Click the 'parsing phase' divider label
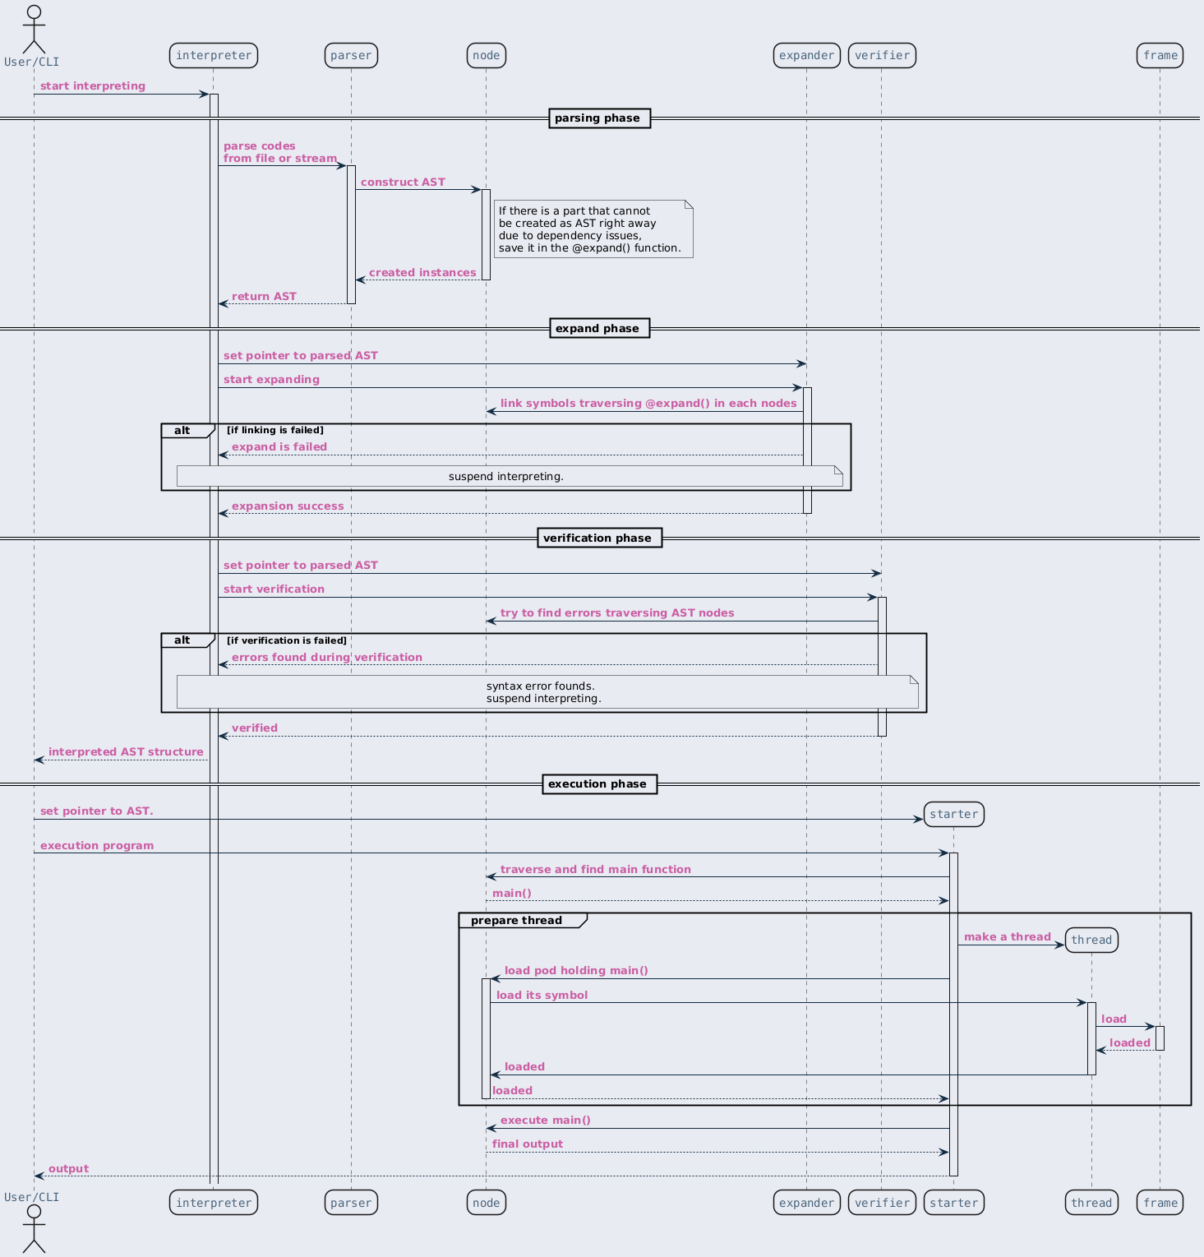click(597, 118)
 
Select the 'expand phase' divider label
click(597, 329)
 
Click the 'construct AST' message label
click(403, 183)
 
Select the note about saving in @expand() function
click(593, 229)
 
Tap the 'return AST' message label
click(264, 297)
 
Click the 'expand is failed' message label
click(279, 447)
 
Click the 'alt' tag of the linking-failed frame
click(182, 431)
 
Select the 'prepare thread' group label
click(517, 921)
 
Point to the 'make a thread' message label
click(1008, 937)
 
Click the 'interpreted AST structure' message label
click(126, 752)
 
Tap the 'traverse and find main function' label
click(596, 870)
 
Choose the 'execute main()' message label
click(546, 1121)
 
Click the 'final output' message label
click(528, 1144)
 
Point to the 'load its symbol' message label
click(542, 996)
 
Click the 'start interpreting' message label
click(93, 86)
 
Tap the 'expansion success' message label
click(288, 506)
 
